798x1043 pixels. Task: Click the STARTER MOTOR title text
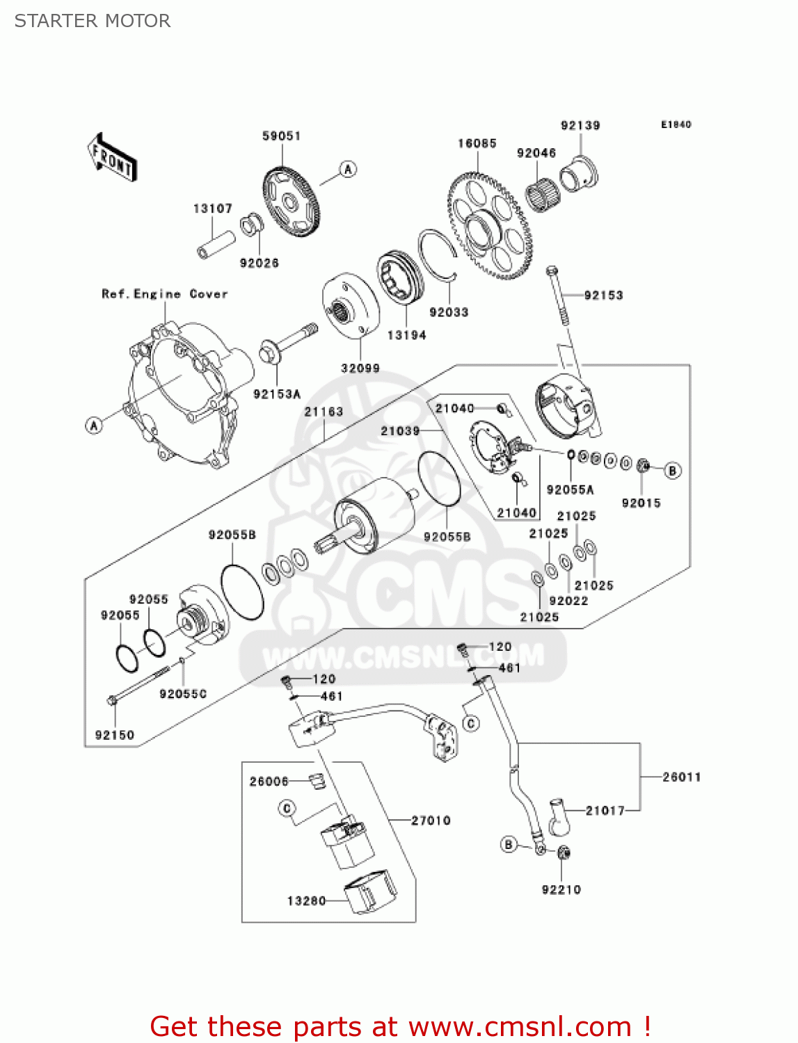tap(93, 21)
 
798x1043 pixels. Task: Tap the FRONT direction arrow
tap(112, 158)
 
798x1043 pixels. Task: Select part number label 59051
tap(281, 136)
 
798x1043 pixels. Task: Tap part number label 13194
tap(406, 335)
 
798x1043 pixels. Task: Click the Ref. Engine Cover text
tap(165, 294)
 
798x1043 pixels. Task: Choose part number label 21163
tap(324, 412)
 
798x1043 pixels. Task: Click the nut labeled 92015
tap(644, 465)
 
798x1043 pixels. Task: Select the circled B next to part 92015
tap(672, 471)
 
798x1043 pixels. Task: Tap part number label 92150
tap(115, 735)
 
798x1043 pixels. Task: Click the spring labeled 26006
tap(317, 782)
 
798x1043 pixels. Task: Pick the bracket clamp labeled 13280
tap(371, 891)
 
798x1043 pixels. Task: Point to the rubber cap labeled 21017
tap(559, 816)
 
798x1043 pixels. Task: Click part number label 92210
tap(561, 889)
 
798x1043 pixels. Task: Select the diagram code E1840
tap(676, 124)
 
